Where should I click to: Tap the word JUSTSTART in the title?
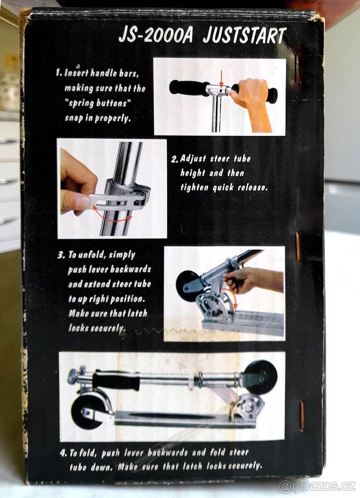tap(244, 36)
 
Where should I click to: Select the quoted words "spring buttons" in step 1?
tap(98, 104)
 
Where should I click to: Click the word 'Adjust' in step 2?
tap(193, 159)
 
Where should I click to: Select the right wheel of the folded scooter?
tap(261, 376)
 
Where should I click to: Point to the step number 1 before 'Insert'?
tap(58, 73)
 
